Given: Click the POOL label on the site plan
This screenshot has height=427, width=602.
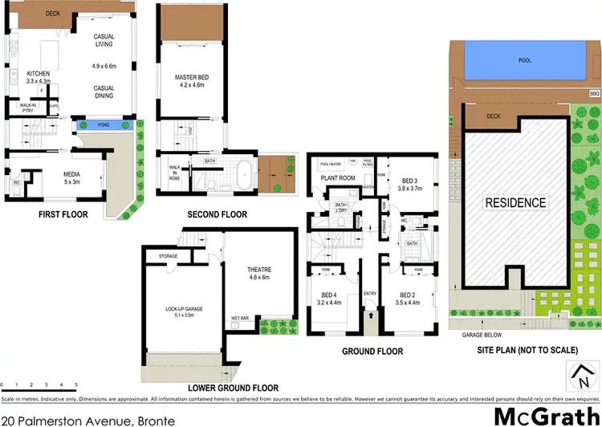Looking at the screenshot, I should tap(526, 60).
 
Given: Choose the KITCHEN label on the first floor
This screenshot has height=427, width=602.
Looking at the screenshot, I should tap(39, 76).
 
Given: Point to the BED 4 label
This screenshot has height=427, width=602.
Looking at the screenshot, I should tap(329, 295).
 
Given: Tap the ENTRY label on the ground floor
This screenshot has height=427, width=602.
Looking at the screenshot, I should tap(369, 294).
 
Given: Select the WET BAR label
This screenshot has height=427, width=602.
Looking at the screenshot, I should tap(240, 318).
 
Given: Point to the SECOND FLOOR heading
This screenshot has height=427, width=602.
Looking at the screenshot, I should tap(217, 215).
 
